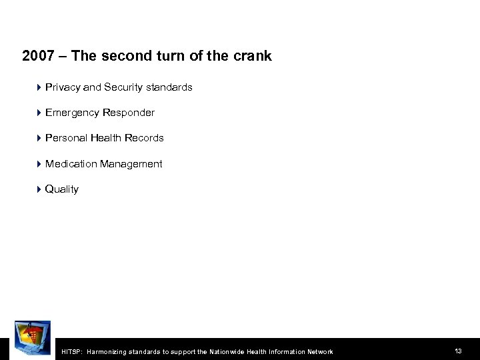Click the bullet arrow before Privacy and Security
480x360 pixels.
coord(39,87)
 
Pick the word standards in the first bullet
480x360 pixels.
coord(170,87)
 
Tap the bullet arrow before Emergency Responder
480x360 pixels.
coord(39,113)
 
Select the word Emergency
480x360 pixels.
coord(72,113)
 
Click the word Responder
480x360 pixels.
coord(128,113)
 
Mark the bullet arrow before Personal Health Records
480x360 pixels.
coord(39,138)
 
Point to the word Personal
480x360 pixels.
coord(65,138)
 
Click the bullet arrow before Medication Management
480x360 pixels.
coord(39,163)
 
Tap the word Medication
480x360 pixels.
coord(71,163)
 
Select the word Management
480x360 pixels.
coord(131,163)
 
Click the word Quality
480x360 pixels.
coord(62,189)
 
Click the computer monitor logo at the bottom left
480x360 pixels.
coord(32,340)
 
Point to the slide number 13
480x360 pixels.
coord(458,351)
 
